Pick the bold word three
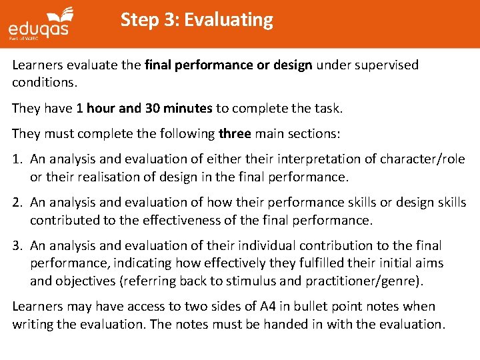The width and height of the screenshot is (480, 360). coord(235,133)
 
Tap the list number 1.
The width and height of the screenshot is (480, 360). coord(17,159)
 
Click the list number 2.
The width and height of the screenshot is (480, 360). coord(17,202)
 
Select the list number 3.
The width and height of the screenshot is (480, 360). coord(17,246)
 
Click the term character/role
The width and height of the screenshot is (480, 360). coord(423,159)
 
